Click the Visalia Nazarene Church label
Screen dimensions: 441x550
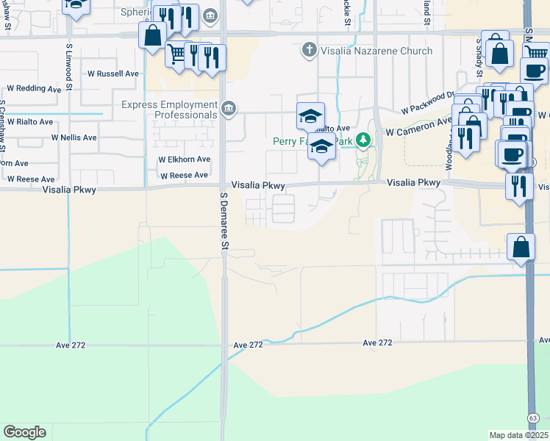(376, 51)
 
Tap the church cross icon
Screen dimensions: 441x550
(310, 51)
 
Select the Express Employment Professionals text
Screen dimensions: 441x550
(170, 110)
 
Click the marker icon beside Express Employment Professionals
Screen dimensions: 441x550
(229, 110)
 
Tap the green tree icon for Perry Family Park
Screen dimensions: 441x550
(362, 140)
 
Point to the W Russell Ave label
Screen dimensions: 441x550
(113, 73)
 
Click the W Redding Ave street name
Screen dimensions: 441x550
(34, 88)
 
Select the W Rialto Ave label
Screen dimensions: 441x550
(26, 121)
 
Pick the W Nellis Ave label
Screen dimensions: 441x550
(74, 137)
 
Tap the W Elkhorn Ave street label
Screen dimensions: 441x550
(185, 159)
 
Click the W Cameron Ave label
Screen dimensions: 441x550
(419, 127)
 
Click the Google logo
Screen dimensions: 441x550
(24, 432)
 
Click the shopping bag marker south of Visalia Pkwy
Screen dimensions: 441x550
(521, 248)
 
